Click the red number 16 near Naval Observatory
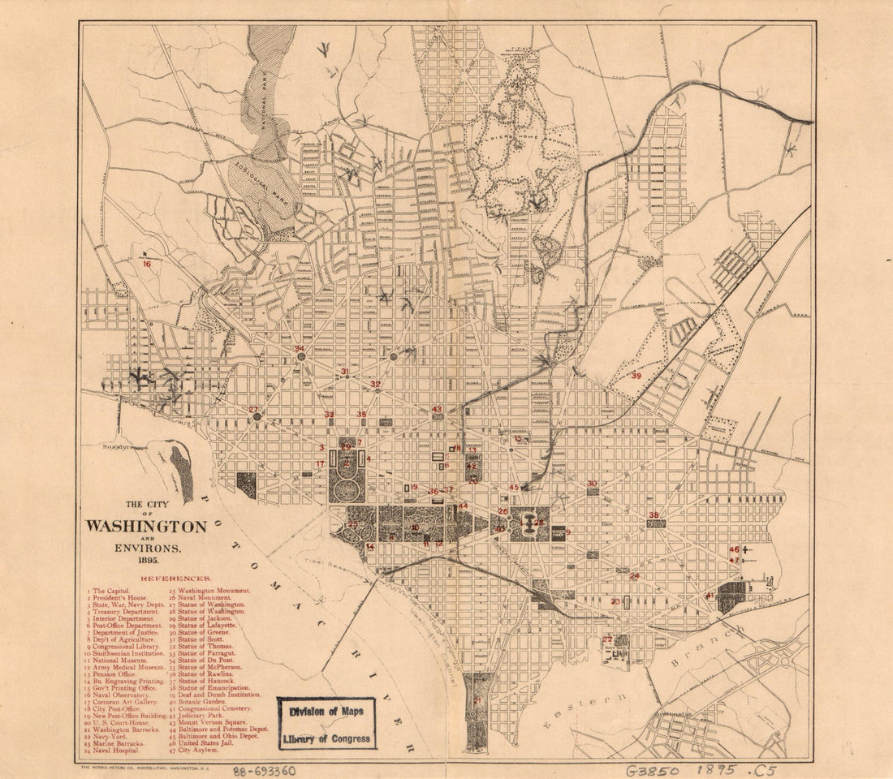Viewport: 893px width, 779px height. [147, 263]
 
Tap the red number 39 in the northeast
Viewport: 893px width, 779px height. [636, 376]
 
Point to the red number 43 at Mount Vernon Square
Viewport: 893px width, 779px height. [437, 410]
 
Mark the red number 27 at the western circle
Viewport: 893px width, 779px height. [254, 410]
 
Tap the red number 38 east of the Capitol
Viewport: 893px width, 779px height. [654, 515]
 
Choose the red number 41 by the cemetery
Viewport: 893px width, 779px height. [709, 596]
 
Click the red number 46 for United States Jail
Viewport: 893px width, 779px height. [734, 549]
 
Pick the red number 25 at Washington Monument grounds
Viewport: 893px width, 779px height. [352, 526]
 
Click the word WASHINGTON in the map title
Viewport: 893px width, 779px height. [146, 527]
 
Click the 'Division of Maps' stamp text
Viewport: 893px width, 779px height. [327, 711]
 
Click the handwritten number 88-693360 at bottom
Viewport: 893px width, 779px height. [264, 771]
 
